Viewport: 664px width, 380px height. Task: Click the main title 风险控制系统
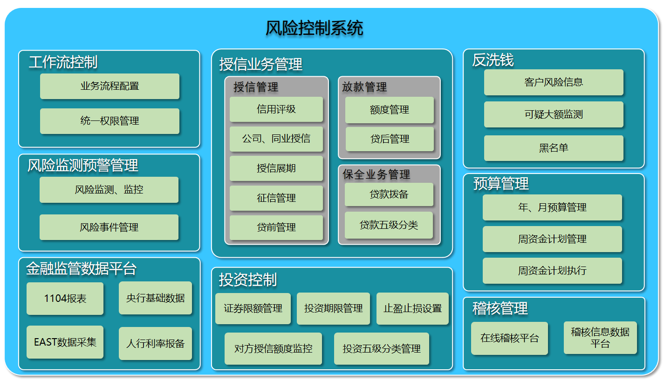coord(314,28)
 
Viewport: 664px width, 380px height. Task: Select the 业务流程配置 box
coord(110,86)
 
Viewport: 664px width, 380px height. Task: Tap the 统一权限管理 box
coord(110,121)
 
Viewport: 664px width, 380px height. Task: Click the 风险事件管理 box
coord(109,227)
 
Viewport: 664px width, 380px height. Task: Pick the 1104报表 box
coord(65,298)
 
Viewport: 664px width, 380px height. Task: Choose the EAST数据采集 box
coord(65,342)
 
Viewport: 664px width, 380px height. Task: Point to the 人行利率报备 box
coord(155,343)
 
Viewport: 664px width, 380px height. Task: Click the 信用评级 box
coord(276,109)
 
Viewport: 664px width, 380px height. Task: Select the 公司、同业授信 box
coord(276,139)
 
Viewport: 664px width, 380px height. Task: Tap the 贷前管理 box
coord(276,227)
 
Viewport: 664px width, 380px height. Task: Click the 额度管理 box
coord(390,110)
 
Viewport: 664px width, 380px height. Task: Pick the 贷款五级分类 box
coord(389,225)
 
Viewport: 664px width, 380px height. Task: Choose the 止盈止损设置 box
coord(412,308)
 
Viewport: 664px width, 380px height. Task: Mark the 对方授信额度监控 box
coord(274,349)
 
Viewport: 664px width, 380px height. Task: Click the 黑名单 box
coord(554,148)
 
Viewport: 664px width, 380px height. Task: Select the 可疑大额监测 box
coord(554,114)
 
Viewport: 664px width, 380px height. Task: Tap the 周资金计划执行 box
coord(552,271)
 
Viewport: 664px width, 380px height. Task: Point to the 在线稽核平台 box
coord(510,338)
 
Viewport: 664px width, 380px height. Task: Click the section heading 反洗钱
coord(493,60)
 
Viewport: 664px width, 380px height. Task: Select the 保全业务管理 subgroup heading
coord(376,174)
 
